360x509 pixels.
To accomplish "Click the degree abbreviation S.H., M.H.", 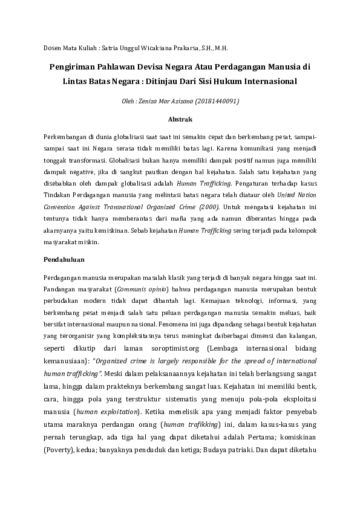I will tap(216, 47).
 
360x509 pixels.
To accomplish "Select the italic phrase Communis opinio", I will tap(142, 289).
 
